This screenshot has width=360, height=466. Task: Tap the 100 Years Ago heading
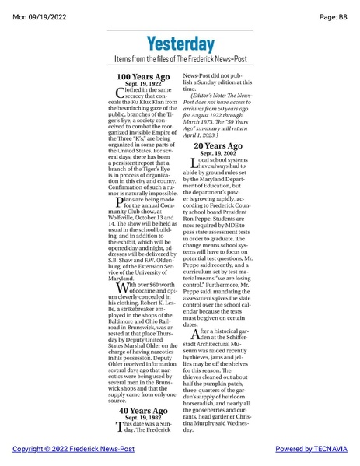[x=143, y=77]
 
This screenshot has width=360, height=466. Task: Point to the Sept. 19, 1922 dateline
[x=143, y=84]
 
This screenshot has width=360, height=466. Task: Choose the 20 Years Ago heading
[x=220, y=145]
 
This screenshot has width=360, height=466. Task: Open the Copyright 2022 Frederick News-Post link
[x=73, y=449]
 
